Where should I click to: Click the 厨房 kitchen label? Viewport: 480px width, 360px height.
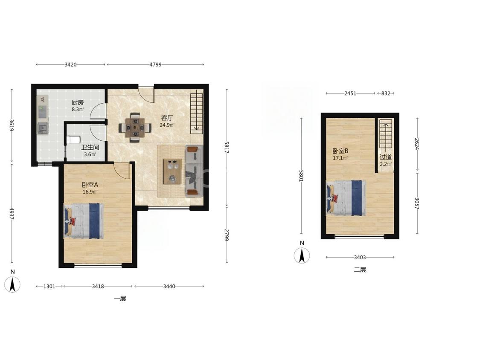pyautogui.click(x=78, y=102)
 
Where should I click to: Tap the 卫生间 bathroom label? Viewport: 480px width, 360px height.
pyautogui.click(x=90, y=147)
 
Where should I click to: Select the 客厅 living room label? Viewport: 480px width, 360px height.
pyautogui.click(x=167, y=118)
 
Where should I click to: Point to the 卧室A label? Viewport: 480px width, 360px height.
pyautogui.click(x=90, y=185)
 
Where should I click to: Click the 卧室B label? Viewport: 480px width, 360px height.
pyautogui.click(x=340, y=151)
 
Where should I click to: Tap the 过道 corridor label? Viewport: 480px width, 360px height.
pyautogui.click(x=386, y=157)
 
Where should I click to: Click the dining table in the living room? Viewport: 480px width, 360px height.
pyautogui.click(x=135, y=127)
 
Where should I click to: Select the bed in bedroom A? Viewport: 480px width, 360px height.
pyautogui.click(x=84, y=221)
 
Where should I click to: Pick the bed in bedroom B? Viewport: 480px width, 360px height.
pyautogui.click(x=346, y=198)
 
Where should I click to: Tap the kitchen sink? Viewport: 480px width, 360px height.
pyautogui.click(x=43, y=128)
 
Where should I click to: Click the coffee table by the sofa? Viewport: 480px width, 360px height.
pyautogui.click(x=172, y=171)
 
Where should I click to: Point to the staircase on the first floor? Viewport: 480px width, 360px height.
pyautogui.click(x=197, y=113)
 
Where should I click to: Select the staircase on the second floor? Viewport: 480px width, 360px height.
pyautogui.click(x=386, y=134)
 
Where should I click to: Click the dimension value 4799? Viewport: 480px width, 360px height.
pyautogui.click(x=155, y=64)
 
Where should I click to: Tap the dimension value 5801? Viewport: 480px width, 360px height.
pyautogui.click(x=301, y=176)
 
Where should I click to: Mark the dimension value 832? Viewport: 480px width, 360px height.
pyautogui.click(x=386, y=93)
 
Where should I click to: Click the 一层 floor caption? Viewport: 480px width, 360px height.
pyautogui.click(x=120, y=299)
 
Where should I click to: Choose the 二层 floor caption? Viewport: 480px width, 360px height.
pyautogui.click(x=360, y=270)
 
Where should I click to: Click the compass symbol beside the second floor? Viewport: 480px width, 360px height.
pyautogui.click(x=302, y=255)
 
